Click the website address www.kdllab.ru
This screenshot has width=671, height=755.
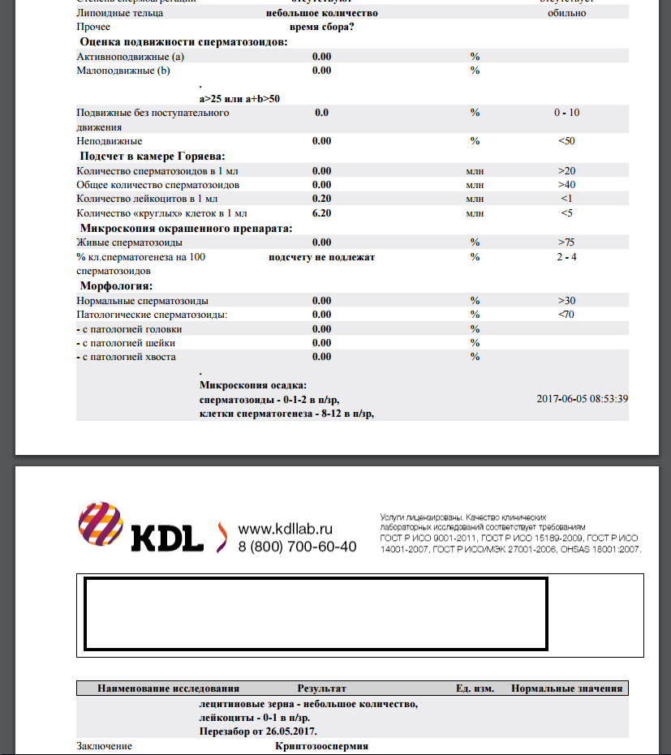[x=286, y=529]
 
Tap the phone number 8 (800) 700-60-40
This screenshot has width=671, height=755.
[x=297, y=547]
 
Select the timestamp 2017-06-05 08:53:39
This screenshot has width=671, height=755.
[x=583, y=399]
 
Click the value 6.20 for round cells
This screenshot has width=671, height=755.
[x=322, y=213]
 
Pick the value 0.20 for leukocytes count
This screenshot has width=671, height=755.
[x=322, y=199]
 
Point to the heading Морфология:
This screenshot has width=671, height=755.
[x=117, y=286]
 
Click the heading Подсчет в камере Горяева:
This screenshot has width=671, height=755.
[x=152, y=156]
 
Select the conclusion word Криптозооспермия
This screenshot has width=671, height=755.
[x=321, y=745]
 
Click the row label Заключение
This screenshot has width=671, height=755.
[x=104, y=745]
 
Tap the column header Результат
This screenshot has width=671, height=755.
[x=321, y=689]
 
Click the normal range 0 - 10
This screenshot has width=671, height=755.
[x=567, y=113]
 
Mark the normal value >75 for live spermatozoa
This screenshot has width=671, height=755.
[x=567, y=242]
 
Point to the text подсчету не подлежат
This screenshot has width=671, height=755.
[x=321, y=257]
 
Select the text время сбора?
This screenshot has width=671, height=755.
[x=321, y=27]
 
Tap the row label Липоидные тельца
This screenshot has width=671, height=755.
[x=119, y=13]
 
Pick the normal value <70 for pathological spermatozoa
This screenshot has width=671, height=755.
[x=567, y=315]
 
